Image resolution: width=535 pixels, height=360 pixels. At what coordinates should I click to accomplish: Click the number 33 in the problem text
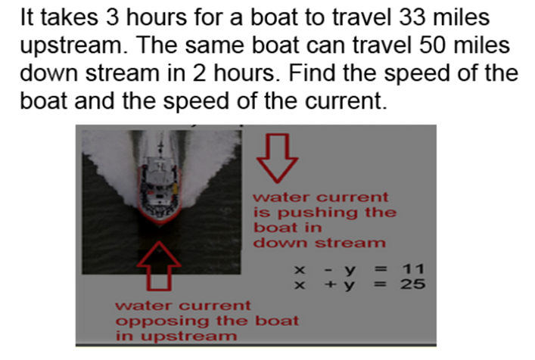(412, 17)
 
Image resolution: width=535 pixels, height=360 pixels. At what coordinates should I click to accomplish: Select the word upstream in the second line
(74, 47)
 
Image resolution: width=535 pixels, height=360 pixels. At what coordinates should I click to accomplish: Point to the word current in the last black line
(346, 101)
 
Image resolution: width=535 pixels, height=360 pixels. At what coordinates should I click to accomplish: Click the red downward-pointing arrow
(277, 158)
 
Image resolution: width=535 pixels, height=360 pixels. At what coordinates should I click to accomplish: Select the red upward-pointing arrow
(159, 266)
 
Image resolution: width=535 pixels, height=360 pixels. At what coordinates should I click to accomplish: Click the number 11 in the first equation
(413, 269)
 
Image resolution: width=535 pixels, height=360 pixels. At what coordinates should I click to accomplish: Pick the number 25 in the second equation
(413, 284)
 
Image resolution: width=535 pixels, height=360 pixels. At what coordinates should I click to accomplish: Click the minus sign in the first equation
(328, 270)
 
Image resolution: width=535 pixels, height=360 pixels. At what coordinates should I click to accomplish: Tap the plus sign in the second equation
(330, 284)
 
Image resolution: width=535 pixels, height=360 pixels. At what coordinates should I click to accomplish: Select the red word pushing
(318, 213)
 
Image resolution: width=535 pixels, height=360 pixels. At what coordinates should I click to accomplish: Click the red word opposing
(162, 321)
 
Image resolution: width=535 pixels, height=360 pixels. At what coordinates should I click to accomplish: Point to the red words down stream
(319, 242)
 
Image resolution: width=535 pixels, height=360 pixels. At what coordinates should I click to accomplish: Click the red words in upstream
(176, 336)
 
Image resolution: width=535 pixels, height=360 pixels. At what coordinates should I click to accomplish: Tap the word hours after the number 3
(157, 17)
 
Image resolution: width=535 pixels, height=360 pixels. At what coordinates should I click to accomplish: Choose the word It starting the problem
(27, 17)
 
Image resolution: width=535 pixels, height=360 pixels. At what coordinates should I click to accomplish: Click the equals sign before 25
(381, 284)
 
